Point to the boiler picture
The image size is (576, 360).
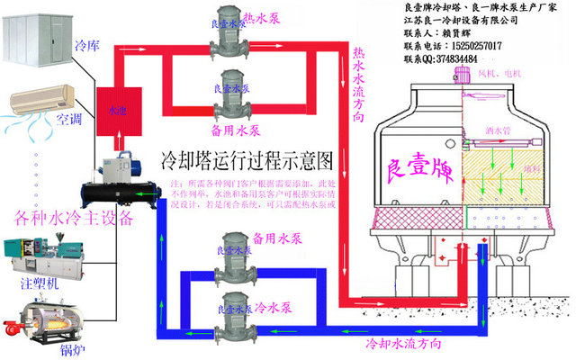32,316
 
